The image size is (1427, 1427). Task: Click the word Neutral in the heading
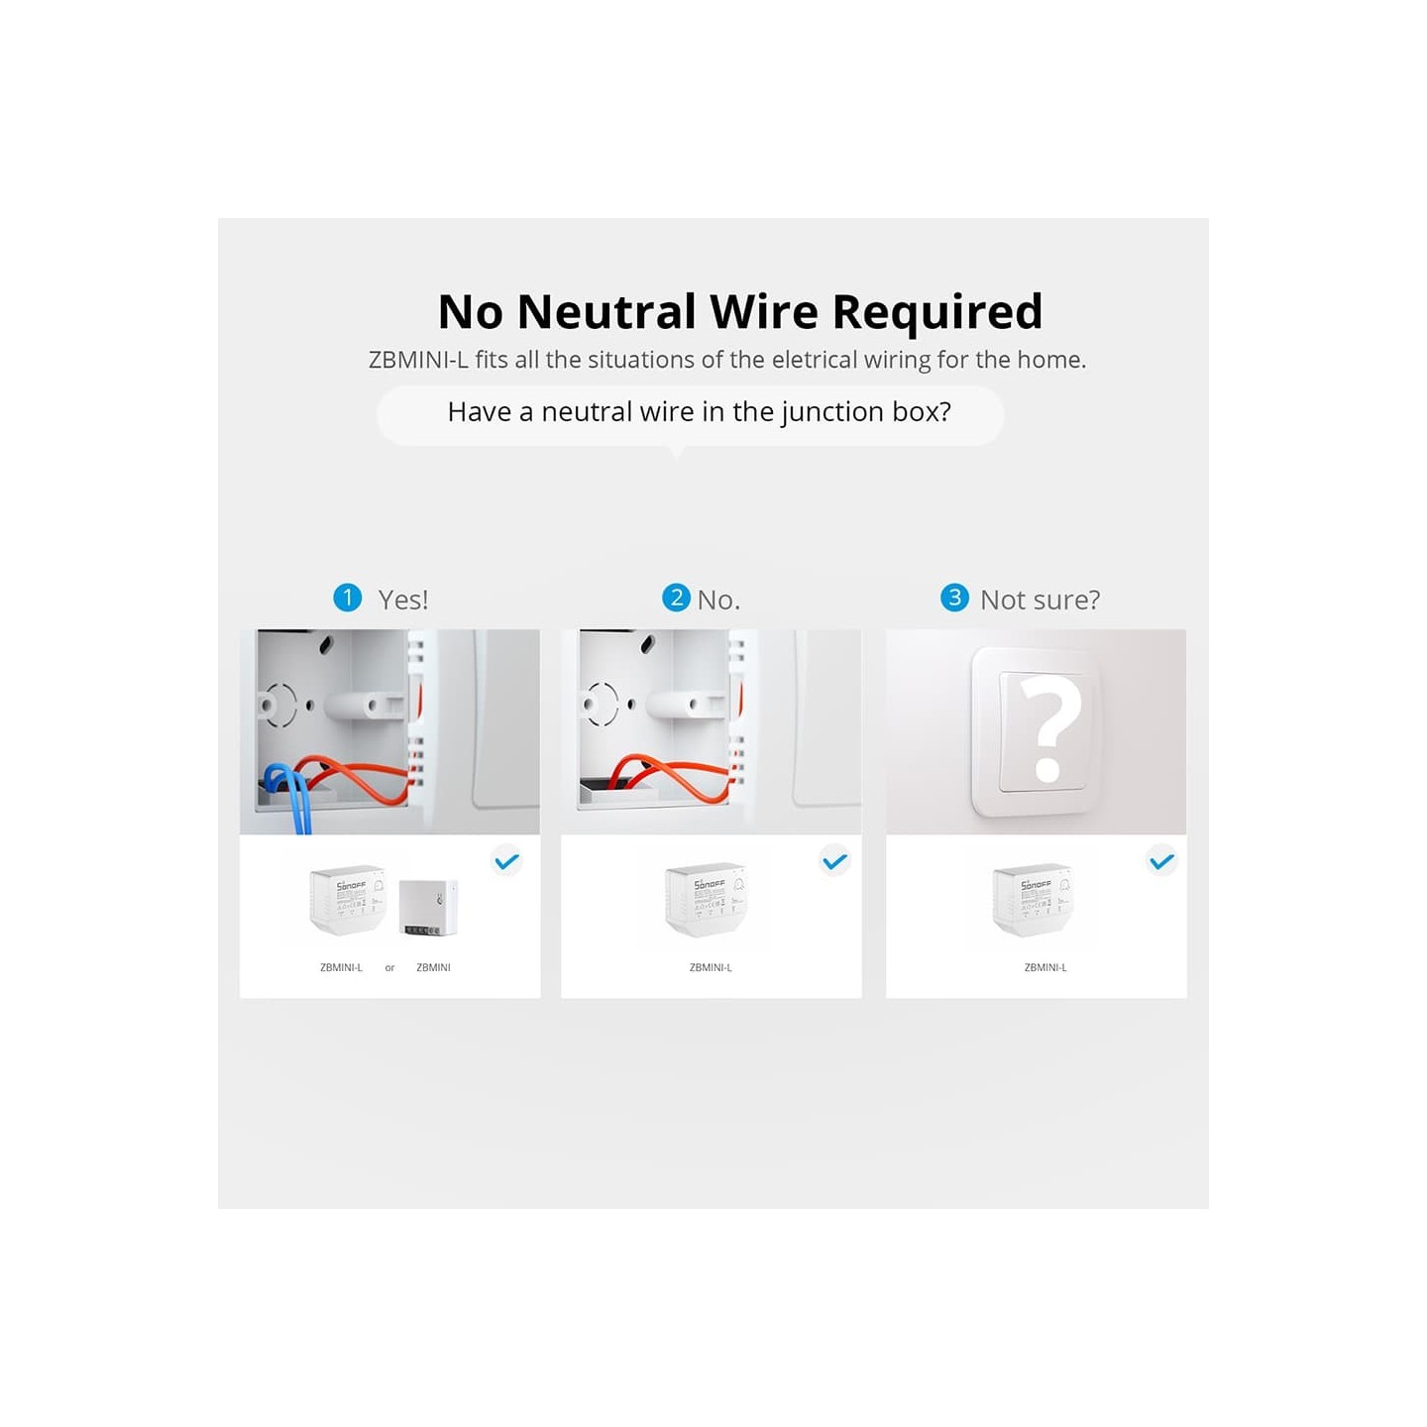606,312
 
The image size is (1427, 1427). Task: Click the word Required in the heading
936,312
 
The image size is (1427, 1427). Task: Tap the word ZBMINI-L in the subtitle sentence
417,360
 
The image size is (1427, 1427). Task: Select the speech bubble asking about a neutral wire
690,413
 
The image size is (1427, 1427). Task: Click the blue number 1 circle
348,598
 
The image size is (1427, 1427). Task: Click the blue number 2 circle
676,598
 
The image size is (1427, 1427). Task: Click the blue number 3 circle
954,598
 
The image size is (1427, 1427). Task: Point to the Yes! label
403,600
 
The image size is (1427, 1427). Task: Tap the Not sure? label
1040,600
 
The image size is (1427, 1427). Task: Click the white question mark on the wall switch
1048,730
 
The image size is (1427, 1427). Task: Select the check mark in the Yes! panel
506,861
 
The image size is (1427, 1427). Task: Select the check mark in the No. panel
835,861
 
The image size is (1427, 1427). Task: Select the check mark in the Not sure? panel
1161,861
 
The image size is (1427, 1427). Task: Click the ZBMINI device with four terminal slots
428,906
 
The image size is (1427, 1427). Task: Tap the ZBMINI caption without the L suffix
433,967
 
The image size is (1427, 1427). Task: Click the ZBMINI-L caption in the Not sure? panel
1045,967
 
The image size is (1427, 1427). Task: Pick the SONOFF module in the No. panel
705,899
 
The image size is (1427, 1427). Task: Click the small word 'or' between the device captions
389,968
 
